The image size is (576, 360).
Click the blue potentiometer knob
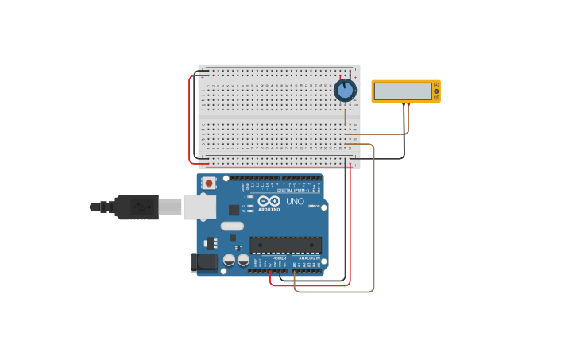click(x=345, y=90)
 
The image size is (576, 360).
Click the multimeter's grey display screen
click(x=402, y=91)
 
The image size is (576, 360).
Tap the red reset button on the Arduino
click(x=209, y=183)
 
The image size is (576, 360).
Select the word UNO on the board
click(x=294, y=202)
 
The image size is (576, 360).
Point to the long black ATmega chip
click(x=286, y=246)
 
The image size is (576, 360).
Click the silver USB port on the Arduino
click(x=199, y=207)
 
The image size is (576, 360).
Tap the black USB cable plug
click(x=136, y=207)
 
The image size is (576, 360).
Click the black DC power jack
click(x=204, y=262)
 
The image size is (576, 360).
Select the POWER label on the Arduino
click(x=279, y=258)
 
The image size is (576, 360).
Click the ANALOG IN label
click(x=309, y=258)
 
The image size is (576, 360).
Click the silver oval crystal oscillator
click(x=232, y=226)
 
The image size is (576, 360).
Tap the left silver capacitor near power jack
click(x=229, y=260)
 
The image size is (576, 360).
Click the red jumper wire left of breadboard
click(x=190, y=119)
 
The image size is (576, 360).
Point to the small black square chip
click(x=234, y=210)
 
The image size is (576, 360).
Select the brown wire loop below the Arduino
click(x=334, y=292)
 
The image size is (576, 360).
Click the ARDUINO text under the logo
click(x=269, y=210)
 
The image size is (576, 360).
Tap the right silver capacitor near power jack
click(x=243, y=260)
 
